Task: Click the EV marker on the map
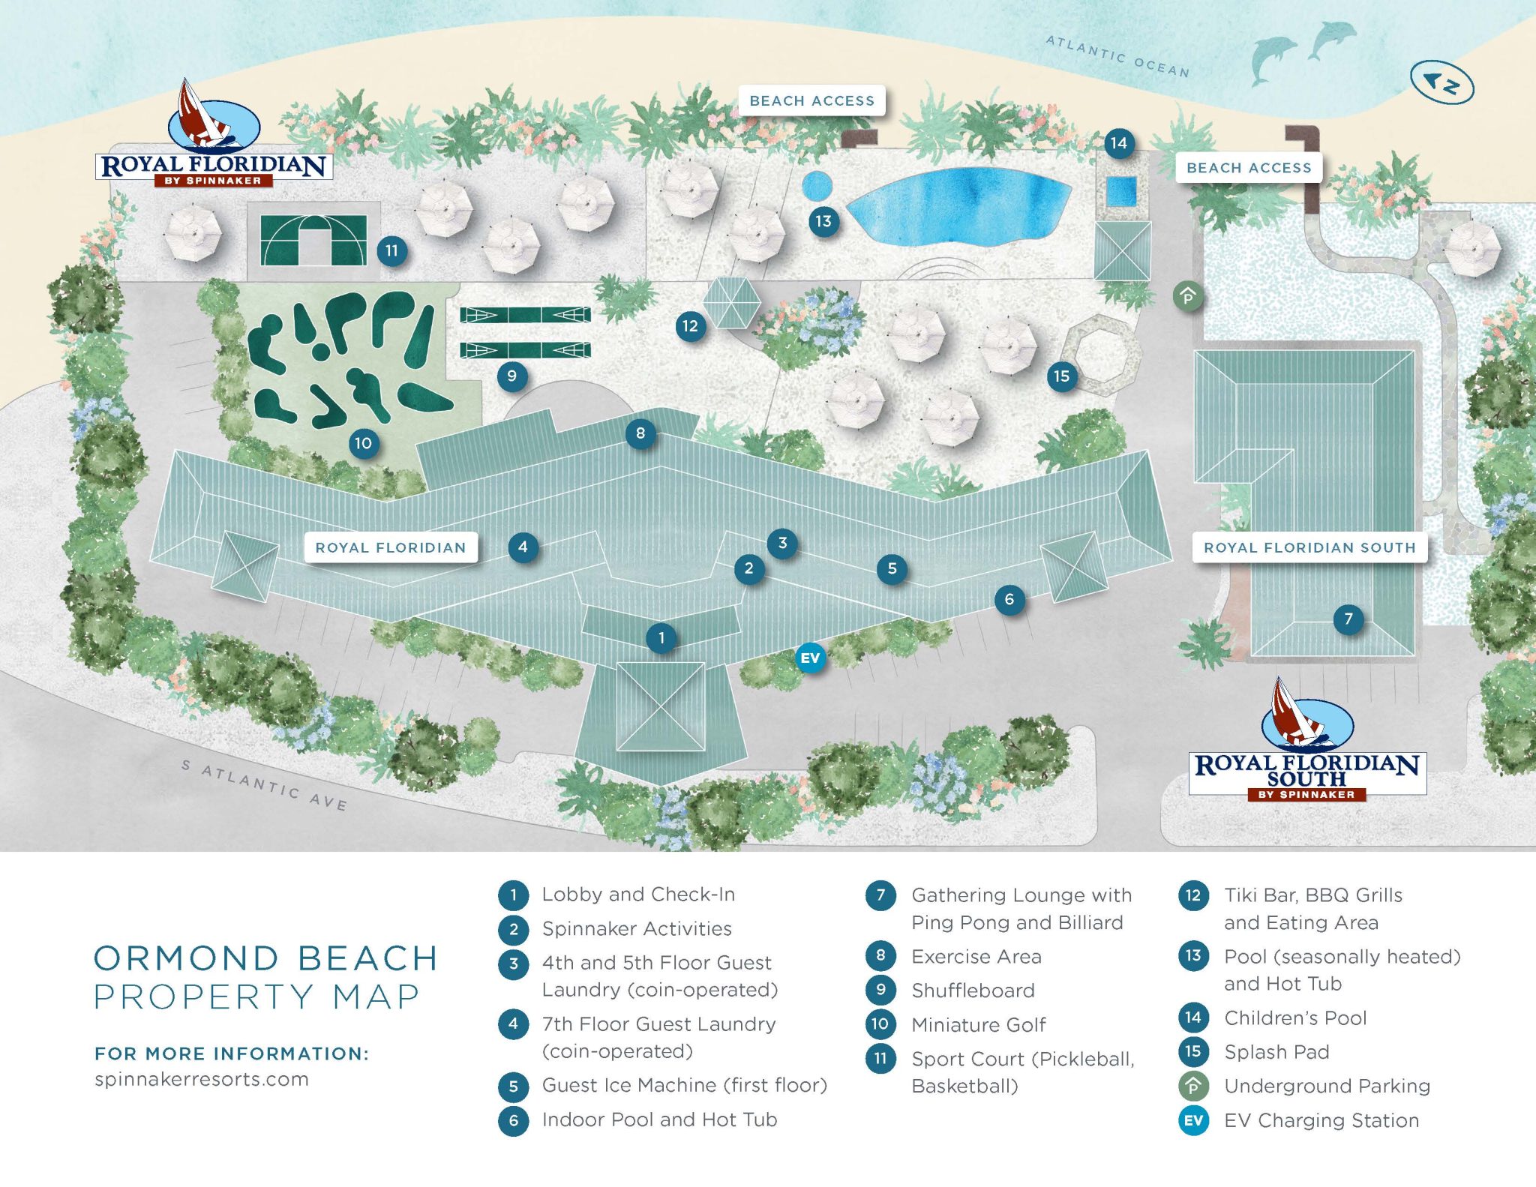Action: (x=810, y=658)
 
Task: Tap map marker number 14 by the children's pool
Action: (x=1118, y=143)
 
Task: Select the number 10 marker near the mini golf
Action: (x=363, y=443)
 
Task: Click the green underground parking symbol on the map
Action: (x=1188, y=296)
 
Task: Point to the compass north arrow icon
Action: (x=1441, y=82)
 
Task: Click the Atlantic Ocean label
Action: (x=1117, y=56)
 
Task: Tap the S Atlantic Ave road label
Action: (x=264, y=785)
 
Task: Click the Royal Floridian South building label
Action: (x=1309, y=547)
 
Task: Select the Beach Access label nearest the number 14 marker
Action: (x=1248, y=168)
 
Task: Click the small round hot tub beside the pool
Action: (x=817, y=185)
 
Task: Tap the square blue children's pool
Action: (x=1121, y=191)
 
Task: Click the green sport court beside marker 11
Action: (x=313, y=240)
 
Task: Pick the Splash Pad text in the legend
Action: (x=1276, y=1052)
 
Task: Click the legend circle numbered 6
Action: (x=514, y=1120)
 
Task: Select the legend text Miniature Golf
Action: (x=978, y=1024)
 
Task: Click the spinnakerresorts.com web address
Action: (x=201, y=1079)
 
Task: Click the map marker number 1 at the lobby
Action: (x=661, y=638)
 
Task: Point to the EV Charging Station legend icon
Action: (x=1193, y=1121)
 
